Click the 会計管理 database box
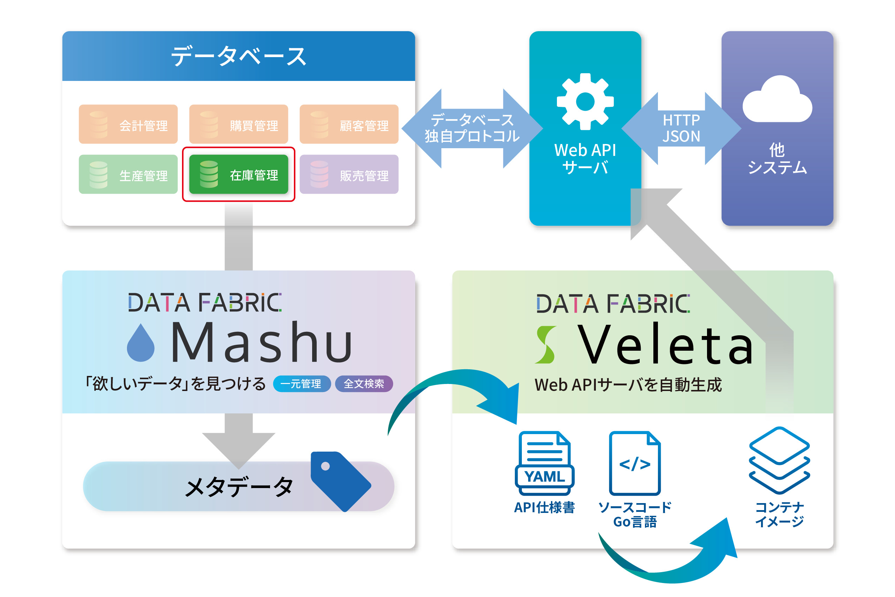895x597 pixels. point(128,124)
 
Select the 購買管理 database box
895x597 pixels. point(238,124)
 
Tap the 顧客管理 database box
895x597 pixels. point(349,124)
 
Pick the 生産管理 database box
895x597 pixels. point(128,174)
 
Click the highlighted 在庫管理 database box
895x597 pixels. point(238,174)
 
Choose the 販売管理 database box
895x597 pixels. point(349,174)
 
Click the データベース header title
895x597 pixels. point(238,56)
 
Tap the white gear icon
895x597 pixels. point(585,102)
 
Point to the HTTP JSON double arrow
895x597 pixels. point(681,128)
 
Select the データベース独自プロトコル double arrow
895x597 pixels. point(472,128)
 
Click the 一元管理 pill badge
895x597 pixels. point(302,384)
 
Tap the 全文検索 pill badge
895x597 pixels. point(364,384)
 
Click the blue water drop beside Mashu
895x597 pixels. point(141,343)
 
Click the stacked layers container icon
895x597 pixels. point(780,461)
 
